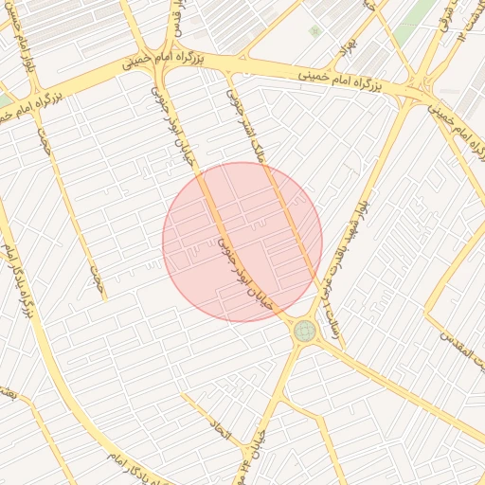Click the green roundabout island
click(x=304, y=331)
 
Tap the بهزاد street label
click(x=350, y=45)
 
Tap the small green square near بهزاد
click(x=314, y=31)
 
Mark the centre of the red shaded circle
click(x=242, y=242)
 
